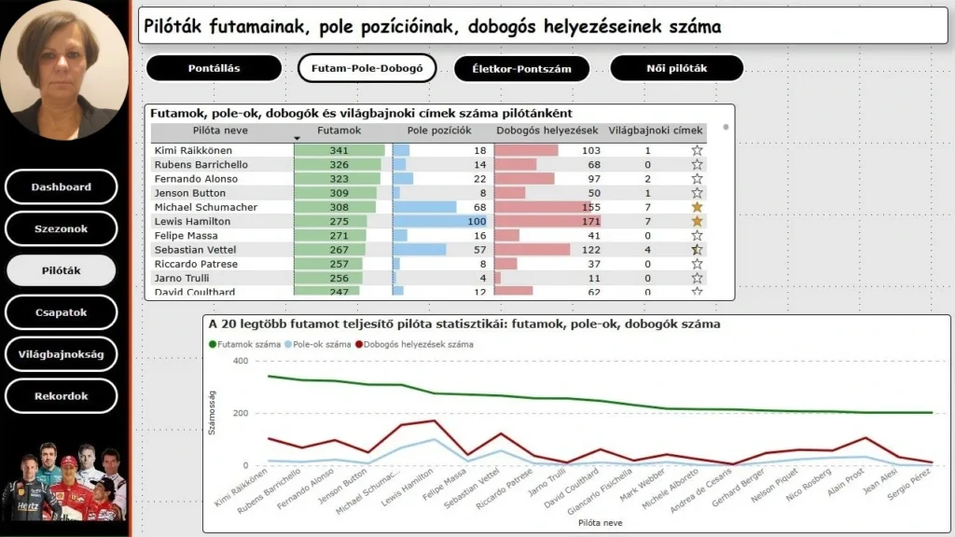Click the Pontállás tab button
tap(215, 68)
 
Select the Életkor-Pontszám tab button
tap(522, 68)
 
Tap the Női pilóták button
tap(676, 68)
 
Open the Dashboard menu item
tap(62, 186)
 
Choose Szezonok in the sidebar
tap(62, 228)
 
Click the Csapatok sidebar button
tap(62, 312)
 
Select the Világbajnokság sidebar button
tap(62, 354)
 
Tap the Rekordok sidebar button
tap(62, 396)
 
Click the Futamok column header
tap(339, 131)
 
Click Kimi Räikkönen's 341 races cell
tap(339, 150)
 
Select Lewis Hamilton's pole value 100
tap(477, 221)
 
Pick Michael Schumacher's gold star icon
tap(697, 207)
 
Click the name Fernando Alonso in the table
tap(196, 179)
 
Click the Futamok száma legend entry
tap(247, 344)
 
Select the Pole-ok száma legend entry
tap(320, 344)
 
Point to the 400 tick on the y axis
tap(241, 362)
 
